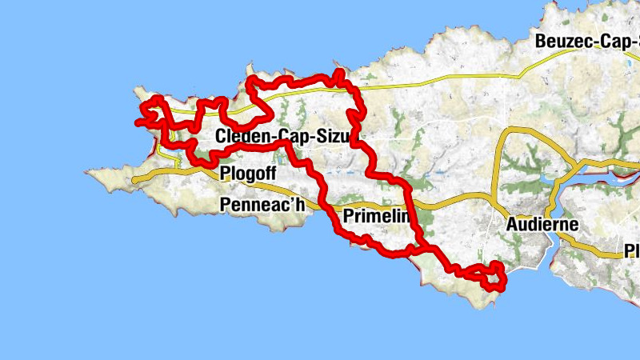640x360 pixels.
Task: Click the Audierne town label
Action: pyautogui.click(x=542, y=224)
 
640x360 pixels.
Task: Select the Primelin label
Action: pyautogui.click(x=376, y=216)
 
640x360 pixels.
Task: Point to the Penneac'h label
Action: pyautogui.click(x=262, y=206)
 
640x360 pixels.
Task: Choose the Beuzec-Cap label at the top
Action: pyautogui.click(x=588, y=41)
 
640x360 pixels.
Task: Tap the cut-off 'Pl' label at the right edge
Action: pyautogui.click(x=632, y=252)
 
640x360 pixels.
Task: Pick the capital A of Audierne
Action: pyautogui.click(x=513, y=224)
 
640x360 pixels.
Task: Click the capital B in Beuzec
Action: pyautogui.click(x=542, y=41)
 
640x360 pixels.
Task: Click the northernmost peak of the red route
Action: pyautogui.click(x=339, y=73)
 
